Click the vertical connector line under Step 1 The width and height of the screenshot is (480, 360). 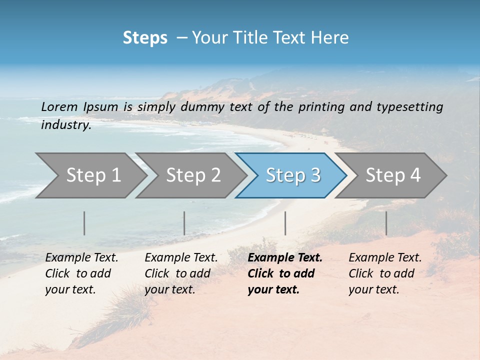[84, 223]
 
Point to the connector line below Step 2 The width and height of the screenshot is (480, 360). [184, 223]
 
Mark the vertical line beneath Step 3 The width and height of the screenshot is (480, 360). [285, 223]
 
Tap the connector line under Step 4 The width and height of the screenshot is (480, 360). [386, 223]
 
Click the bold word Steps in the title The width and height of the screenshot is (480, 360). [145, 38]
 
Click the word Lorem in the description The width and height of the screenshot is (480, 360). [59, 106]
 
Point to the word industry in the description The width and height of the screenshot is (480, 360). [66, 124]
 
